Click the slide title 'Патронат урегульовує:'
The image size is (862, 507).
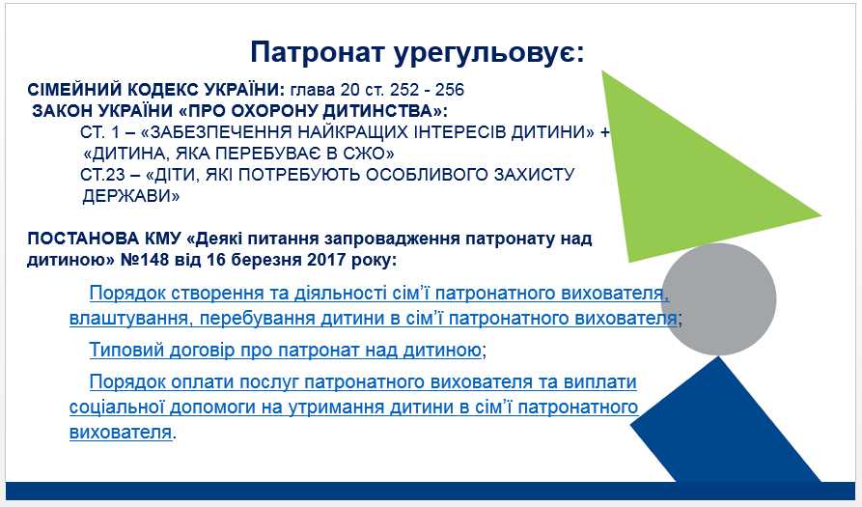(x=417, y=53)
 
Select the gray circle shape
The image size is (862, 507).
(x=718, y=298)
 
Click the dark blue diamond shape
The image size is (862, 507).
(x=726, y=423)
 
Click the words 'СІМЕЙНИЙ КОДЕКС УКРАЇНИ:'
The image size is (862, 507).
(x=156, y=90)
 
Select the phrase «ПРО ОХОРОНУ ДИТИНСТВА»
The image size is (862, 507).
(x=311, y=111)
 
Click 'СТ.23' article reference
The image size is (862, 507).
(x=102, y=175)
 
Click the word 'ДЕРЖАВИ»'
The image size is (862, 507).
(x=131, y=196)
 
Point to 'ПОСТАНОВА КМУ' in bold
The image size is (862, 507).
(x=104, y=239)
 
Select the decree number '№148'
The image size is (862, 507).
(x=147, y=260)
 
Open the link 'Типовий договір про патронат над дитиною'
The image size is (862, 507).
(x=286, y=350)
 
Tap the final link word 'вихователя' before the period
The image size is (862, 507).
(x=121, y=433)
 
